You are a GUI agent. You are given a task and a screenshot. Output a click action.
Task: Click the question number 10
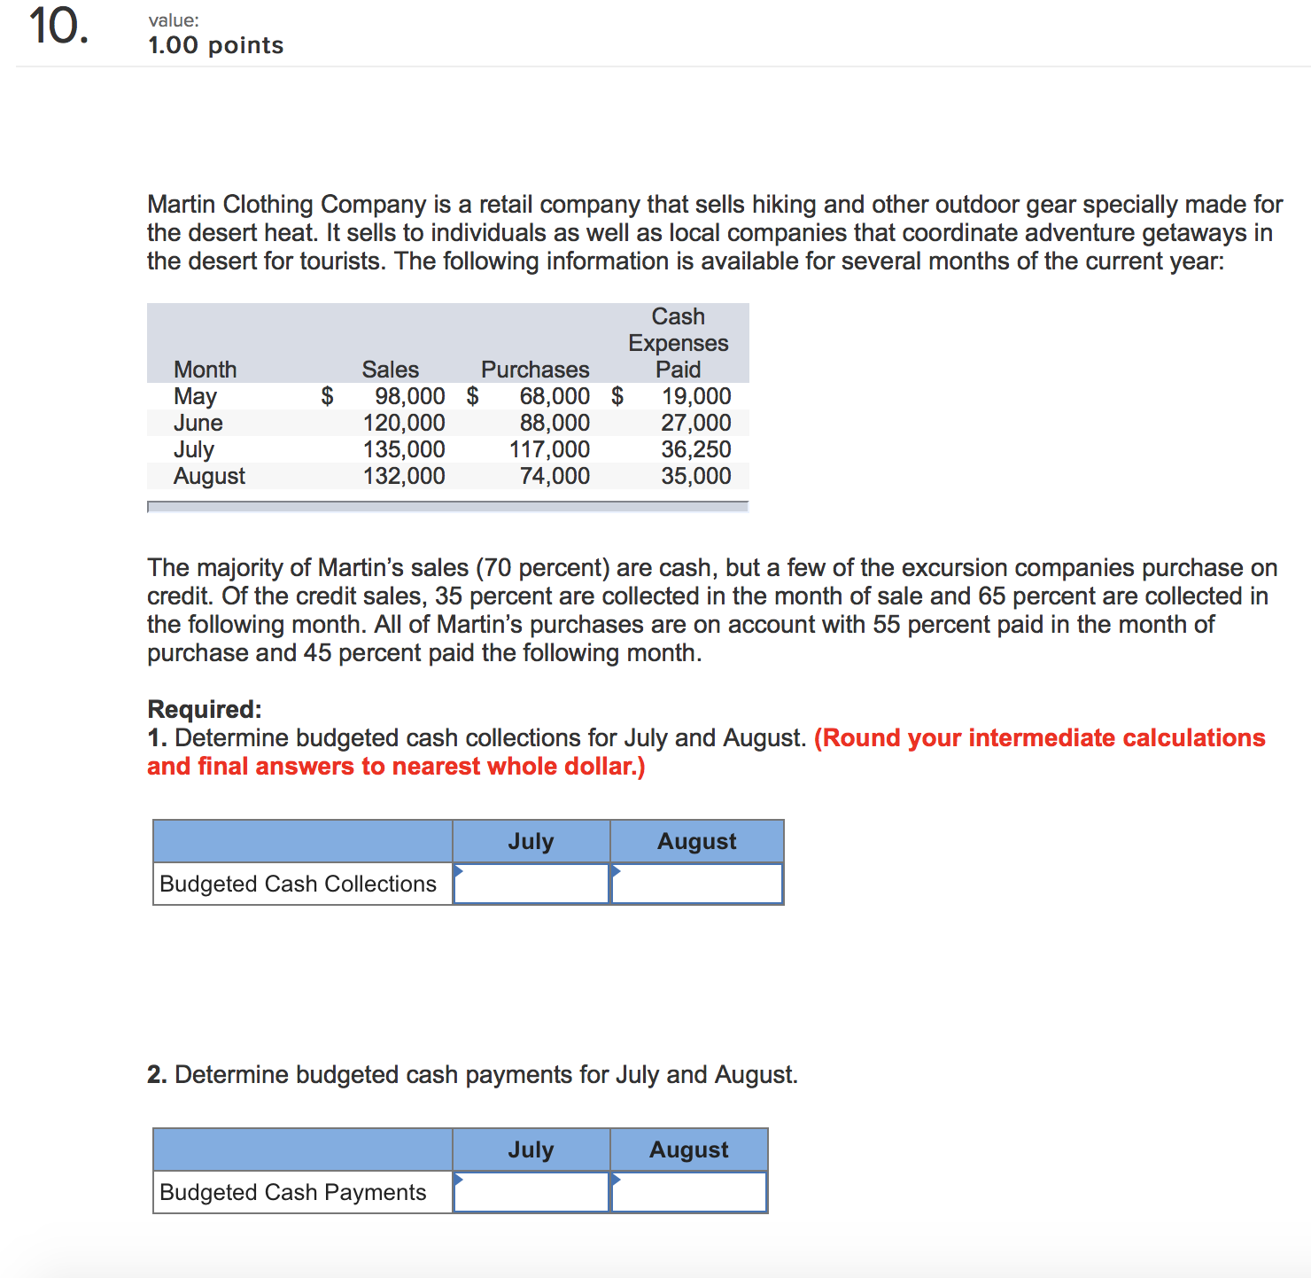(58, 27)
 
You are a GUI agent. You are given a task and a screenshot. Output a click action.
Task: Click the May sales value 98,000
(409, 396)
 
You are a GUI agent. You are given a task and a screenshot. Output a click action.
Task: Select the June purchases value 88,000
(555, 423)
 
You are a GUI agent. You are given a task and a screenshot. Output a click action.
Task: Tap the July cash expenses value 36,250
(696, 449)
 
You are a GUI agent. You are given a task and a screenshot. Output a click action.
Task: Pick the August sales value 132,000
(404, 476)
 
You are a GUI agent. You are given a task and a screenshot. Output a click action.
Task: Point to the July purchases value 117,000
(549, 449)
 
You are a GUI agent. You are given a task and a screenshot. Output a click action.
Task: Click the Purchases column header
(535, 370)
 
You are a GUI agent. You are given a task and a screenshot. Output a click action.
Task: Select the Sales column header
(390, 370)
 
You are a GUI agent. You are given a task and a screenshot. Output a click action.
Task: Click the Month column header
(205, 370)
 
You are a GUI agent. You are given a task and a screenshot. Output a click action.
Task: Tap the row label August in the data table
(209, 476)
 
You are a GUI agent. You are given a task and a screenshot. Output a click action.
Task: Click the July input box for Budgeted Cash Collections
(531, 884)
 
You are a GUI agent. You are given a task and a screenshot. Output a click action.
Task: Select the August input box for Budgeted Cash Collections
(697, 884)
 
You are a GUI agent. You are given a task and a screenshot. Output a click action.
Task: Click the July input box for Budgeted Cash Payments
(531, 1192)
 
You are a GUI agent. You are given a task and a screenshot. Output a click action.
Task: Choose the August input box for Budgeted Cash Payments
(689, 1192)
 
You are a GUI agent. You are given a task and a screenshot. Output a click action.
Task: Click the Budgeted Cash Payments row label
(292, 1192)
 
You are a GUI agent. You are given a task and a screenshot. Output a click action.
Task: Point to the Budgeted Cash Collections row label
(298, 884)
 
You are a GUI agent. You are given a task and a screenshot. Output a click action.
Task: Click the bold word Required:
(205, 709)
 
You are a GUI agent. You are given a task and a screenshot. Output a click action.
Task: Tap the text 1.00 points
(215, 45)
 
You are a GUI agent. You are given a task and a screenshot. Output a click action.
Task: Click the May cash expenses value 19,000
(696, 396)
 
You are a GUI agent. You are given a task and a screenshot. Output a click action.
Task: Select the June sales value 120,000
(404, 423)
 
